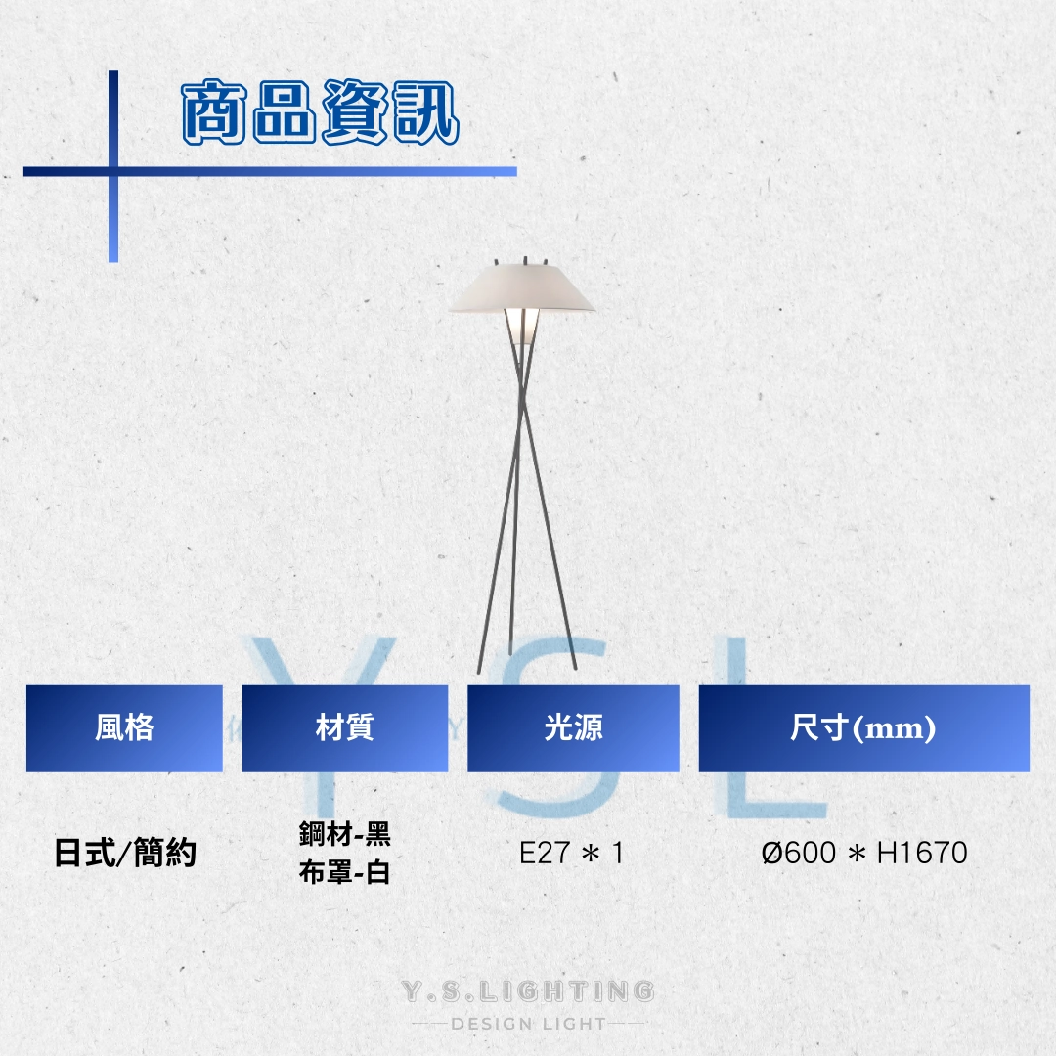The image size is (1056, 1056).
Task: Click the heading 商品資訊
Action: (321, 111)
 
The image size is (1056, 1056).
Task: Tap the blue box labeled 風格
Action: (124, 728)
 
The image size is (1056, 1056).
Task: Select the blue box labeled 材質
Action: (345, 728)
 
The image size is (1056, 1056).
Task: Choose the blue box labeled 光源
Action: (573, 728)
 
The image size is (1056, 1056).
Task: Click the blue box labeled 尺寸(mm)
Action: (864, 728)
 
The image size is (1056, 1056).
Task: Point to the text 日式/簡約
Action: (125, 853)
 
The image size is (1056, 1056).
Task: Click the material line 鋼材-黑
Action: (345, 834)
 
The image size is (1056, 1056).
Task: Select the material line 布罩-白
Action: (345, 872)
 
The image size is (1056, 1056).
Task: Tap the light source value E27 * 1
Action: (571, 854)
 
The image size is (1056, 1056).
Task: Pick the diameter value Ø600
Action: (799, 854)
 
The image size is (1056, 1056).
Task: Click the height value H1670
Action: (922, 854)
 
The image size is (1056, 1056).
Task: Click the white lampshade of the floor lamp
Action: (521, 288)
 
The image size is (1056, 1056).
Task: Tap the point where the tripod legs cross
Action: (521, 404)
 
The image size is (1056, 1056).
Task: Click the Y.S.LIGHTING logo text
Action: (528, 990)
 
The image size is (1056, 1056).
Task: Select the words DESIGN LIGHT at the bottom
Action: (529, 1024)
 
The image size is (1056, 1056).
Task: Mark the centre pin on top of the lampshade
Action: (525, 261)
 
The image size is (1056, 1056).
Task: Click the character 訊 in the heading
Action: (425, 111)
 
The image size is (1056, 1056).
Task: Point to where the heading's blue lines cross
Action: (113, 172)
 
